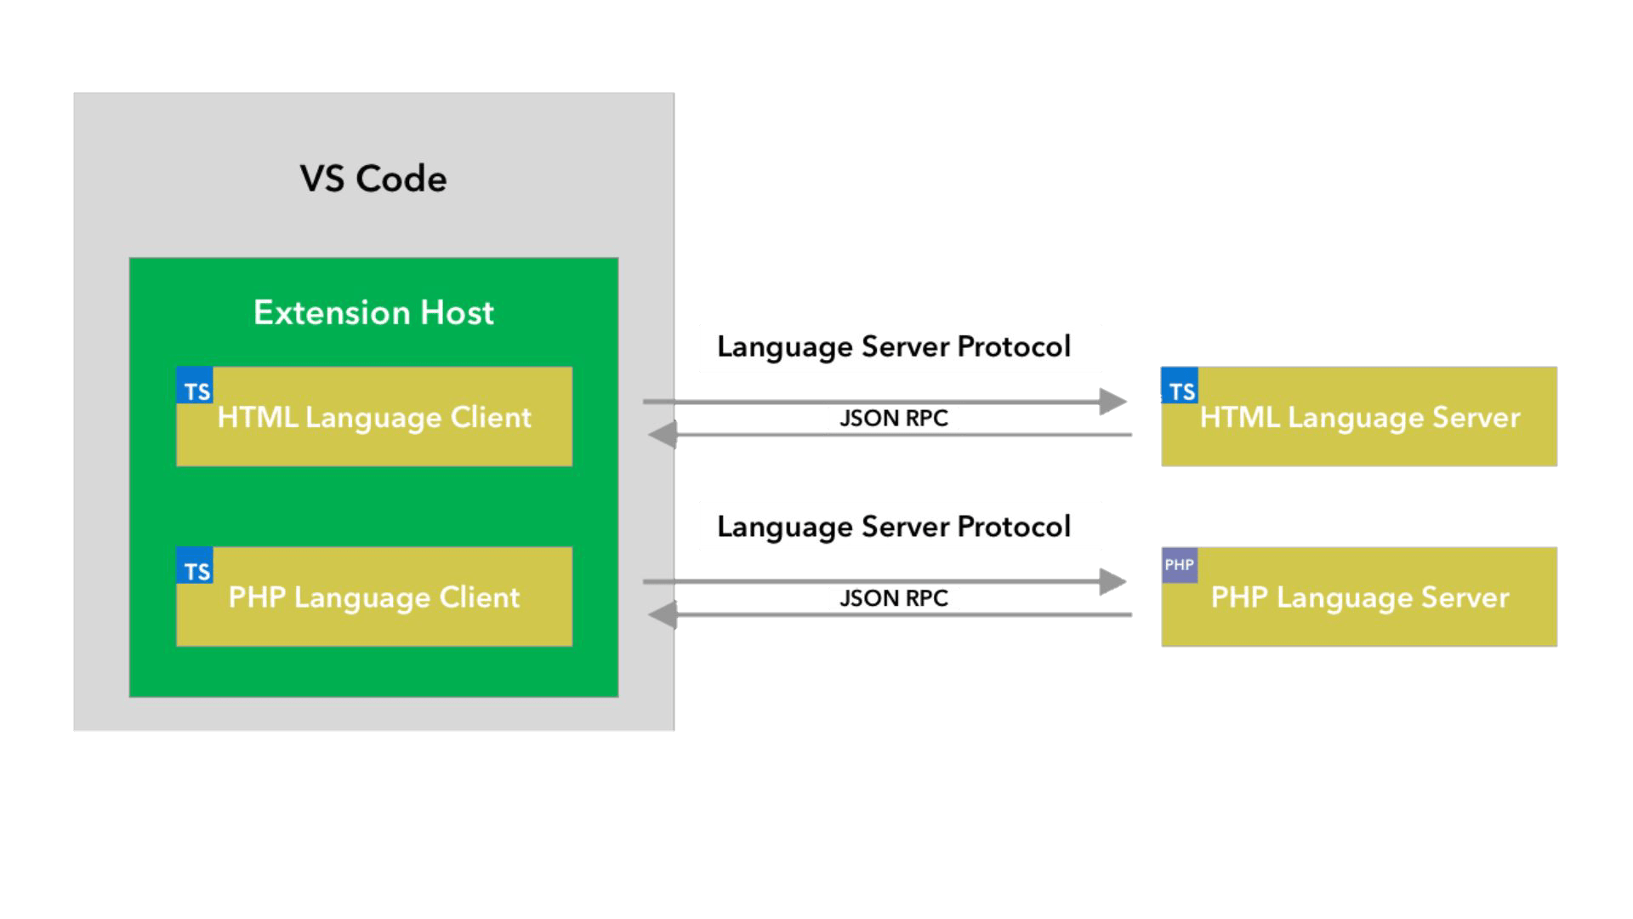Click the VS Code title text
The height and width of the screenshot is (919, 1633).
(x=373, y=179)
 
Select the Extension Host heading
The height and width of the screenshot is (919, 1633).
(x=373, y=312)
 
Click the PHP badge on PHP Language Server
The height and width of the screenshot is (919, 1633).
(x=1180, y=565)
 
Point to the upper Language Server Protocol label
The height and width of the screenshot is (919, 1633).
(x=900, y=348)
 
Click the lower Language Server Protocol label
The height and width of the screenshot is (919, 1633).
(x=900, y=526)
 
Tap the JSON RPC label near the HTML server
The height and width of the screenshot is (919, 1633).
(x=893, y=418)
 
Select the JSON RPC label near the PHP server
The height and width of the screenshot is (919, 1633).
(x=893, y=598)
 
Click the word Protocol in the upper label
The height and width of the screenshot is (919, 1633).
(x=1014, y=348)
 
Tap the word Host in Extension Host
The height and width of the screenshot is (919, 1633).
(x=457, y=312)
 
